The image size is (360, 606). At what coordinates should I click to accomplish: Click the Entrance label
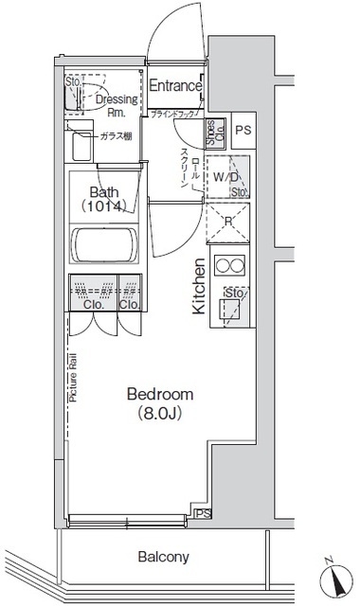coord(175,86)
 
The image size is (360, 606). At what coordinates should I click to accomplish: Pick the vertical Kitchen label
coord(200,286)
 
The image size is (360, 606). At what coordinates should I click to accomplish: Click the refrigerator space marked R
coord(229,223)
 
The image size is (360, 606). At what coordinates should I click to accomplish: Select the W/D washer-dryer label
coord(225,176)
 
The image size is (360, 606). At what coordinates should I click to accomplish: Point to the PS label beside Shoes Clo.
coord(243,131)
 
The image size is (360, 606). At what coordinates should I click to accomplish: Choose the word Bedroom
coord(160,394)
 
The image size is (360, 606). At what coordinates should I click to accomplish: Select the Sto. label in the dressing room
coord(73,81)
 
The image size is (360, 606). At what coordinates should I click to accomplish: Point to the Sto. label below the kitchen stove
coord(230,294)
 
